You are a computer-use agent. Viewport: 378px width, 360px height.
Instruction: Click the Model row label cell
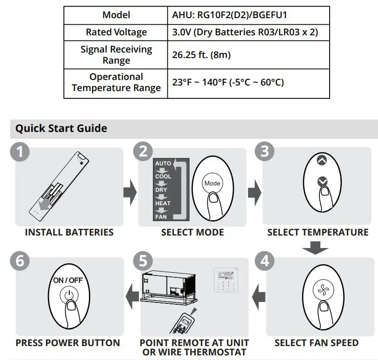coord(116,15)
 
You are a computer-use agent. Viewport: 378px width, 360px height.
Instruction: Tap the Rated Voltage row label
coord(116,32)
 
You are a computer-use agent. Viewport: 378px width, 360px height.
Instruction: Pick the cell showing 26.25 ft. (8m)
coord(201,55)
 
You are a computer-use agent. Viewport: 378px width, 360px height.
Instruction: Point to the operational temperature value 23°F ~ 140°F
coord(228,83)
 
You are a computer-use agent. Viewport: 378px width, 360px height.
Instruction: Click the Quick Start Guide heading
coord(61,128)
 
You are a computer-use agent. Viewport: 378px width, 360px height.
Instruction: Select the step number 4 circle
coord(264,261)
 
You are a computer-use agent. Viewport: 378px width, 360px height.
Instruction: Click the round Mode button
coord(212,183)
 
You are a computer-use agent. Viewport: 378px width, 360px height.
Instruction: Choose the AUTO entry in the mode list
coord(163,164)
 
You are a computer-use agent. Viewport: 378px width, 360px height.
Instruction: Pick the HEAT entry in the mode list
coord(163,203)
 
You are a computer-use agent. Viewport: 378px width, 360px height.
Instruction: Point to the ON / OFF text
coord(68,281)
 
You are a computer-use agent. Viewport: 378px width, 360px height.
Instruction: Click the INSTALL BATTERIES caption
coord(69,232)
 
